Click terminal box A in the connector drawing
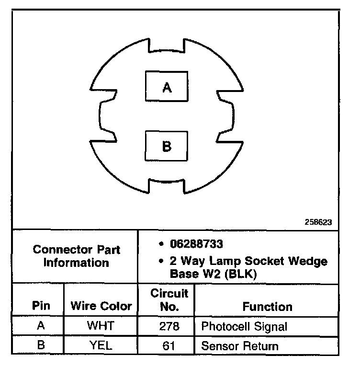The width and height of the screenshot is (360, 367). (167, 86)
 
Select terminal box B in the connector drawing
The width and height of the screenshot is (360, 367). (167, 146)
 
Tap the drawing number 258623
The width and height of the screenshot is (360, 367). (318, 222)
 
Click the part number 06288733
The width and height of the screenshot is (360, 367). (196, 244)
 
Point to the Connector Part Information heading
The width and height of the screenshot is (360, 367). (77, 256)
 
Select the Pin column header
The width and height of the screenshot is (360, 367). (41, 306)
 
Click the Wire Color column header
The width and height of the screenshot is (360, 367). (101, 306)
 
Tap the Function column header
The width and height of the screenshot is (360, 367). (267, 306)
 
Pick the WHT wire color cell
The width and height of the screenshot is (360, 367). (101, 326)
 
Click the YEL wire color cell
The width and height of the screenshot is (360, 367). (101, 345)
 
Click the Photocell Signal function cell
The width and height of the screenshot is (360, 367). (244, 327)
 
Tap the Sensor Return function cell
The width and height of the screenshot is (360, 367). (239, 345)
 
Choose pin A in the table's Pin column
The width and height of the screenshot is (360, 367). (41, 326)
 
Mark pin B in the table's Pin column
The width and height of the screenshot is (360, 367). (41, 345)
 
